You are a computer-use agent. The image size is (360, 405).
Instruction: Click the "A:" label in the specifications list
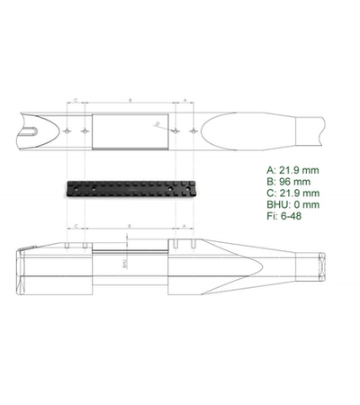pyautogui.click(x=272, y=169)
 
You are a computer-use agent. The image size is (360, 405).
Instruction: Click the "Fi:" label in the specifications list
pyautogui.click(x=273, y=216)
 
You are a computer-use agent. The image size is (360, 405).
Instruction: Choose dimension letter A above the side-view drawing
pyautogui.click(x=184, y=226)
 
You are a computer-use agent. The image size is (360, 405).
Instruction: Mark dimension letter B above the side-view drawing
pyautogui.click(x=130, y=226)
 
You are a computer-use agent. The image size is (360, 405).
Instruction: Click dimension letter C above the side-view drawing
pyautogui.click(x=76, y=226)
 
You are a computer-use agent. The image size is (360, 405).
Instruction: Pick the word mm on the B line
pyautogui.click(x=309, y=181)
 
